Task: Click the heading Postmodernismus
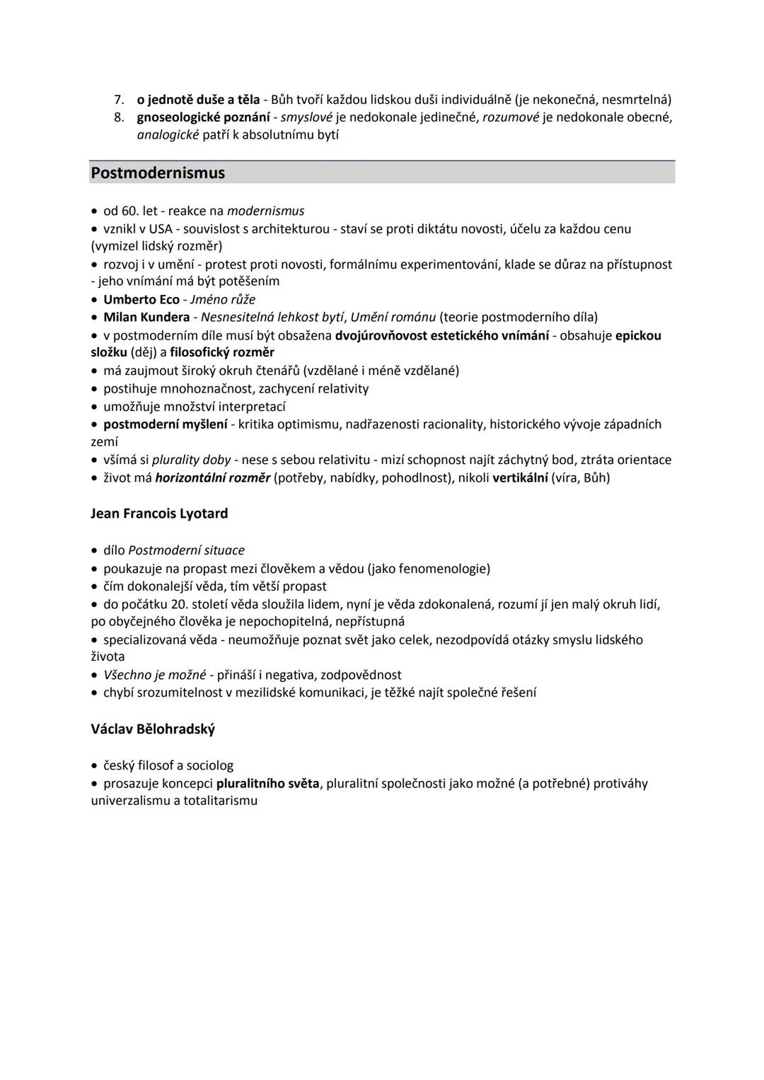click(x=158, y=173)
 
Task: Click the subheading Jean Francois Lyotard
click(x=159, y=513)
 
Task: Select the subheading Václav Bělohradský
click(x=153, y=729)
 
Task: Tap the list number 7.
click(x=119, y=100)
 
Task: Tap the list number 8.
click(x=119, y=117)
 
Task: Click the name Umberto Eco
click(x=141, y=299)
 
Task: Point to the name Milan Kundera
click(x=146, y=318)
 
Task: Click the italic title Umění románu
click(x=393, y=318)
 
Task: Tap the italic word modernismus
click(x=266, y=211)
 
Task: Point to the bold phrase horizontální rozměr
click(x=212, y=478)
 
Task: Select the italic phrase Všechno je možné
click(x=155, y=675)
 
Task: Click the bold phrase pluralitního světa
click(x=268, y=784)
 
